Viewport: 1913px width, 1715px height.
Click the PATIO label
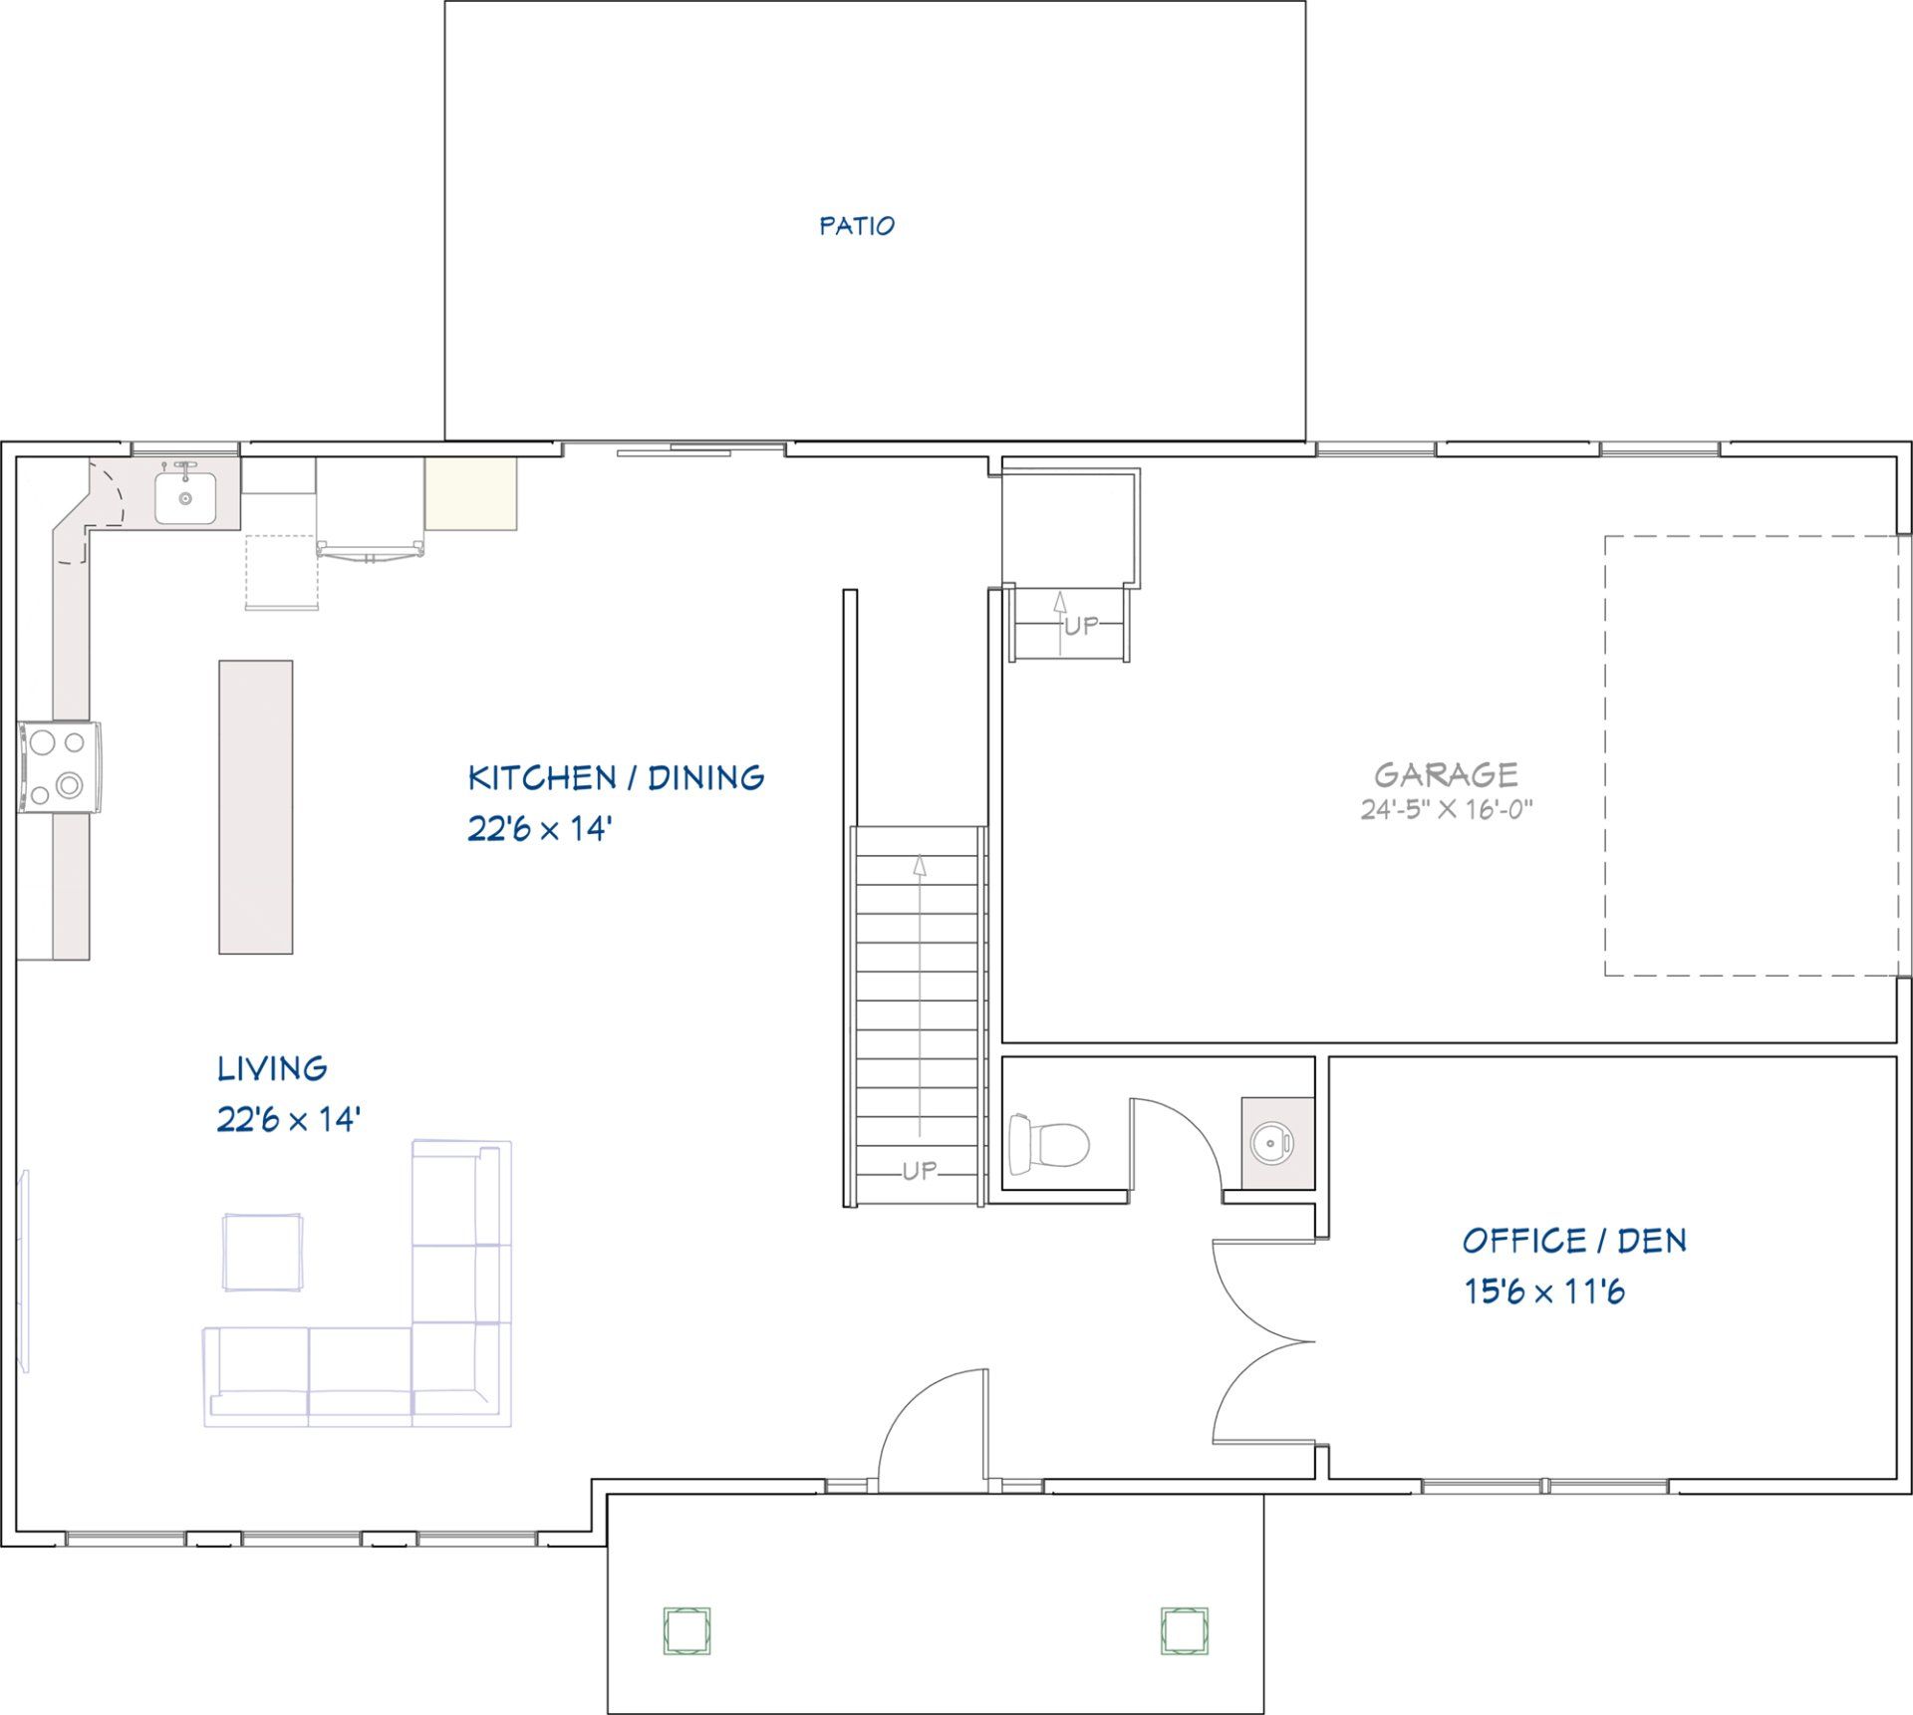click(x=857, y=226)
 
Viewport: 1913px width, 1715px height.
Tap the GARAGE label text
click(x=1446, y=774)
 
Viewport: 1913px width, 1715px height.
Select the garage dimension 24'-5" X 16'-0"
click(x=1446, y=809)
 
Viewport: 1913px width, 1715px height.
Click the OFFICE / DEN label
click(x=1574, y=1241)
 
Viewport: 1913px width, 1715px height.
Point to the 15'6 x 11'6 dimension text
click(x=1544, y=1291)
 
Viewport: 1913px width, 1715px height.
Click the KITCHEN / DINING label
click(x=616, y=777)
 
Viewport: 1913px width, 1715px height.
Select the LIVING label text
click(x=272, y=1068)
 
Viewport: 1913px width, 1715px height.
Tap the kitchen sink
click(x=185, y=496)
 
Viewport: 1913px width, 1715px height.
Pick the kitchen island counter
click(x=256, y=806)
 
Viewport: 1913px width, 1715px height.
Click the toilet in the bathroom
click(x=1048, y=1143)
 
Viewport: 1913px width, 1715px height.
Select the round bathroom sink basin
click(x=1272, y=1141)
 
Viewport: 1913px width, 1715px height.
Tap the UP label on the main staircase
click(x=919, y=1171)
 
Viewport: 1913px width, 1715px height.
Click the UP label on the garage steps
click(x=1081, y=626)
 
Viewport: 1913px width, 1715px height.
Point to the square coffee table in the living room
click(x=263, y=1252)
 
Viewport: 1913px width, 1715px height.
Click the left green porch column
click(x=687, y=1630)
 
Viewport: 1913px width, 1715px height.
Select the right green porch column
click(x=1185, y=1630)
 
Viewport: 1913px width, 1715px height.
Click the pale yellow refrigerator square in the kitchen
click(x=471, y=493)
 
